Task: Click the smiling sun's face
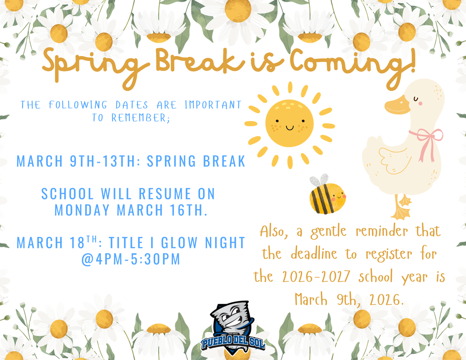pos(289,123)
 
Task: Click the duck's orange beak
pos(396,106)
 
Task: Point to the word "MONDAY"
pos(82,210)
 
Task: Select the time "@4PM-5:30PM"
pos(131,259)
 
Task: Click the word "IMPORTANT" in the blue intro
pos(213,105)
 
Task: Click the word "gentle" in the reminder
pos(330,232)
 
